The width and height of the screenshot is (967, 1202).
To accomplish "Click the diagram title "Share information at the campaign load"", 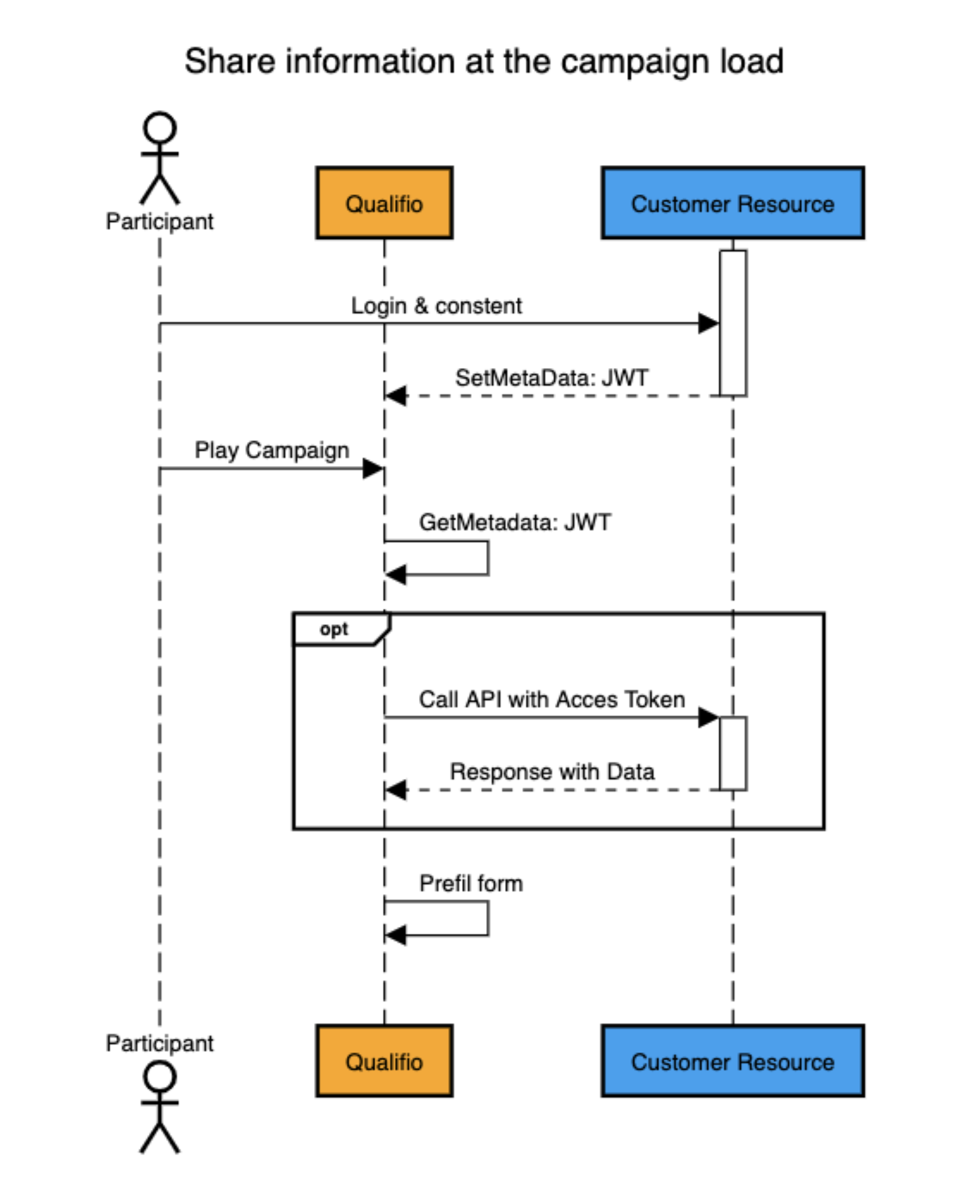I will point(483,62).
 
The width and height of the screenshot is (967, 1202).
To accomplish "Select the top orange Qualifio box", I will point(384,204).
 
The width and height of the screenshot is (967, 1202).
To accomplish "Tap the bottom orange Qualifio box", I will point(384,1061).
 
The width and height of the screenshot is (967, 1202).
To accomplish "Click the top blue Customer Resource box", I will point(732,204).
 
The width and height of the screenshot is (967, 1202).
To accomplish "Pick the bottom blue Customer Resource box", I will point(732,1061).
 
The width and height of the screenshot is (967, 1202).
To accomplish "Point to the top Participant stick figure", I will point(160,158).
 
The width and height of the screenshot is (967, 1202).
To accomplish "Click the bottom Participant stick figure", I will point(160,1107).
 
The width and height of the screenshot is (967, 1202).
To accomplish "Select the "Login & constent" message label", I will point(436,306).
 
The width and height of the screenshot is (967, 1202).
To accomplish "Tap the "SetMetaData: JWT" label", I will point(551,378).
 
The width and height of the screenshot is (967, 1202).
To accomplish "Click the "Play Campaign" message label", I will point(272,451).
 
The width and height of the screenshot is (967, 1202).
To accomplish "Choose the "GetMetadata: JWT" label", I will point(514,523).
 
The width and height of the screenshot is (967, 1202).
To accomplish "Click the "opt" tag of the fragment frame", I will point(334,629).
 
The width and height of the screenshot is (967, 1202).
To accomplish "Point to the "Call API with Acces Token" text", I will point(551,700).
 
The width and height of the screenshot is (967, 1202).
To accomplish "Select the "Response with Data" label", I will point(551,772).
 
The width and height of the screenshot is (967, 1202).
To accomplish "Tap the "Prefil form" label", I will point(471,884).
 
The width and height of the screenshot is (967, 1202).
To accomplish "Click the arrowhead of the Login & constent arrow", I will point(709,324).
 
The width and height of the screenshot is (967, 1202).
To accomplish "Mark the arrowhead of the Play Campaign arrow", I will point(373,469).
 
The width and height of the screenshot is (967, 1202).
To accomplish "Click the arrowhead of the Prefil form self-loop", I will point(396,935).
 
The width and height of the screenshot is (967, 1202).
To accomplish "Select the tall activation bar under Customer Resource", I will point(733,323).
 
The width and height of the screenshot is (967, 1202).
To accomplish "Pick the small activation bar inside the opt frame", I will point(733,753).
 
